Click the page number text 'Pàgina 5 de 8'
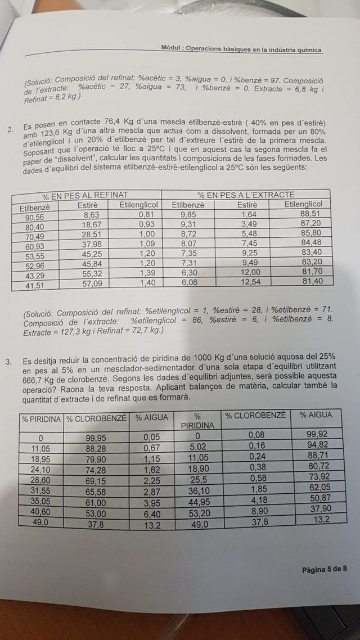[324, 569]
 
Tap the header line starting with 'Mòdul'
[241, 49]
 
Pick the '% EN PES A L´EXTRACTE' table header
[246, 195]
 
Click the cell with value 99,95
[97, 438]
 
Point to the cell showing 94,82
[314, 444]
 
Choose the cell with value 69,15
[96, 483]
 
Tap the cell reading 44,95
[198, 502]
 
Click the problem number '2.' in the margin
[10, 130]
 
